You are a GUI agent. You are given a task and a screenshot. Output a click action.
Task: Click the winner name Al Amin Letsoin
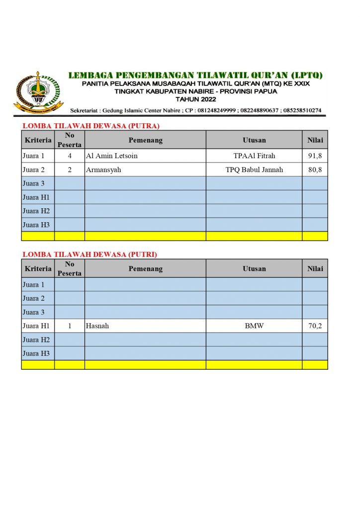[112, 156]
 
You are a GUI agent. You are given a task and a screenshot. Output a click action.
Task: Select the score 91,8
[315, 156]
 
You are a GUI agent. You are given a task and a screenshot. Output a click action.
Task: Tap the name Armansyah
[103, 170]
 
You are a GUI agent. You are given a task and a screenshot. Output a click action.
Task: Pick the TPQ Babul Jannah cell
[254, 170]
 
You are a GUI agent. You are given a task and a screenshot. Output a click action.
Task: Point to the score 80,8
[315, 170]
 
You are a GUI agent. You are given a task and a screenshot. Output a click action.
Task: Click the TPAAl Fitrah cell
[254, 156]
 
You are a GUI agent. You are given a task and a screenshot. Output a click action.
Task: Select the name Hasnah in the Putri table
[97, 326]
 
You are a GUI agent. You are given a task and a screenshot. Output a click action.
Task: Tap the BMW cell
[254, 326]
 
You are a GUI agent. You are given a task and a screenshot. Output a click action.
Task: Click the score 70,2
[315, 326]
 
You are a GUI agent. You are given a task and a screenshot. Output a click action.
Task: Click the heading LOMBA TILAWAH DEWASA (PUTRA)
[91, 126]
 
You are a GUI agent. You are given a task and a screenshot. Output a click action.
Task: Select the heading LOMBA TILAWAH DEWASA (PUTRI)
[90, 254]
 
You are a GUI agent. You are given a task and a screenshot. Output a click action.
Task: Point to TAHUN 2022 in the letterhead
[196, 99]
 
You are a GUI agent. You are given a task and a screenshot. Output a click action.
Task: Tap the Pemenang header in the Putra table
[145, 140]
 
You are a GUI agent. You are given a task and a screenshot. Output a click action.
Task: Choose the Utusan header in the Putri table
[254, 269]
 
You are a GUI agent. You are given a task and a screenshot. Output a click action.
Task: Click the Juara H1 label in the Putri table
[36, 326]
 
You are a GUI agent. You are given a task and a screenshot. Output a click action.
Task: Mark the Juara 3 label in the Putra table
[34, 184]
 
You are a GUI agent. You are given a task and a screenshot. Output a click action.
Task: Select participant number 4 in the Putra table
[70, 156]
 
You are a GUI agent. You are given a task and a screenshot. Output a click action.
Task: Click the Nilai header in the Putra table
[315, 140]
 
